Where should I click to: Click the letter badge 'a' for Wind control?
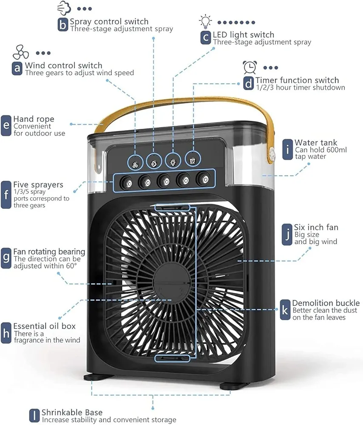tap(17, 68)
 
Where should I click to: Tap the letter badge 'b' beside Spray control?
tap(62, 25)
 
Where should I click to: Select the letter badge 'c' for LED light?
tap(206, 38)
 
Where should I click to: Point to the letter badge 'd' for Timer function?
tap(248, 83)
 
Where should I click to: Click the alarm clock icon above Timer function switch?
tap(250, 67)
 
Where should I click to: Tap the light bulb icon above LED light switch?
tap(206, 21)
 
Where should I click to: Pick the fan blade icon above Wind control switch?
tap(20, 52)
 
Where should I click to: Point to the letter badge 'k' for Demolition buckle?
tap(285, 310)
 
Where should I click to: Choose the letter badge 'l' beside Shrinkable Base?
tap(34, 415)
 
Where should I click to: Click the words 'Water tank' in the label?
tap(316, 143)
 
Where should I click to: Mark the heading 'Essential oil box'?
tap(45, 326)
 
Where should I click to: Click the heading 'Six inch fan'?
tap(316, 227)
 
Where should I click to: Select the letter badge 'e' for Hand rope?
tap(6, 126)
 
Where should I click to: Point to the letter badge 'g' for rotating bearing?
tap(6, 258)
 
